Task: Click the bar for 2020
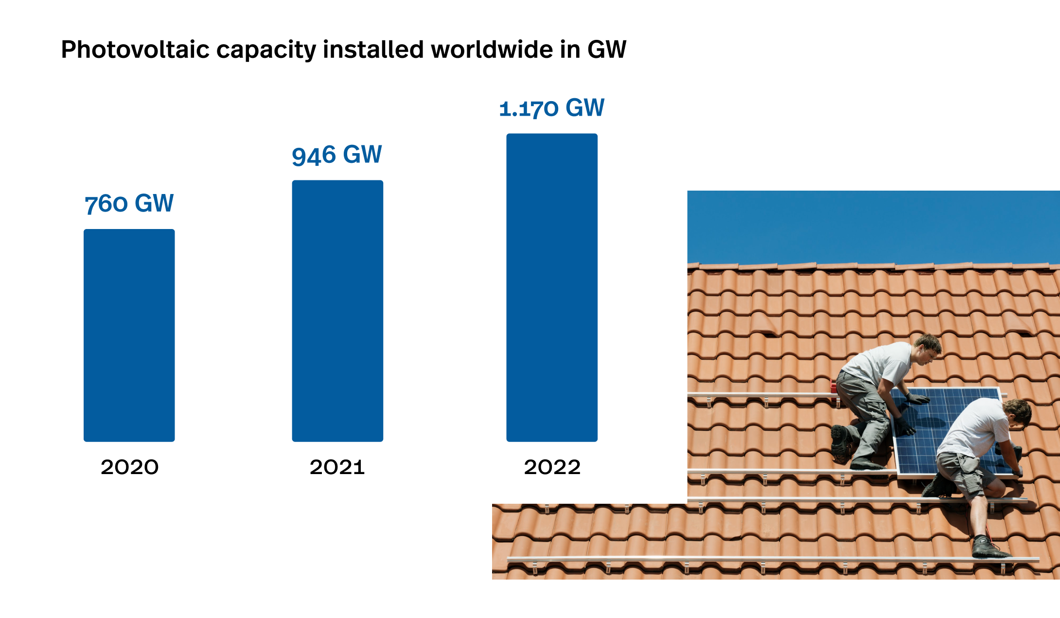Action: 129,335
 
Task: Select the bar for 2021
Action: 337,311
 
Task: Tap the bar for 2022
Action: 552,287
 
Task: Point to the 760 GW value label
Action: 129,203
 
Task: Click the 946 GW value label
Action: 336,155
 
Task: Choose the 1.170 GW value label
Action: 551,108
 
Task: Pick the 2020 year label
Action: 129,467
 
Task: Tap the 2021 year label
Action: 337,467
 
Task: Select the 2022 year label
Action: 552,467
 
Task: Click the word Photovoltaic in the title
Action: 135,50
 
